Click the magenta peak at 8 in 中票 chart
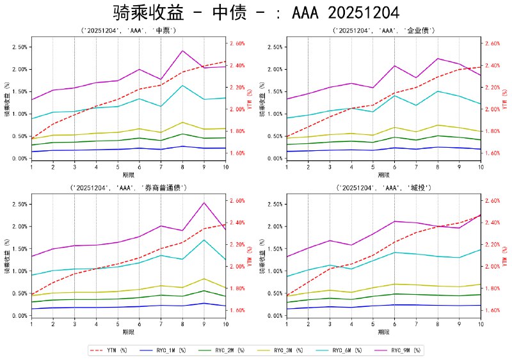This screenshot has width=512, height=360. tap(182, 51)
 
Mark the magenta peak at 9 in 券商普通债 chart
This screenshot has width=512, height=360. tap(204, 203)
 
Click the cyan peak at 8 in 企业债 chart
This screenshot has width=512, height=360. tap(438, 91)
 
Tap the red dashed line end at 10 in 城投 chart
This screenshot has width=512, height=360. tap(481, 215)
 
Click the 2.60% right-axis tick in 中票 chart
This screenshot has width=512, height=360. tap(237, 43)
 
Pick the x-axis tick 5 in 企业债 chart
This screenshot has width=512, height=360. tap(372, 166)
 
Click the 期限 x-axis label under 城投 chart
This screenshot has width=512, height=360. tap(384, 332)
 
